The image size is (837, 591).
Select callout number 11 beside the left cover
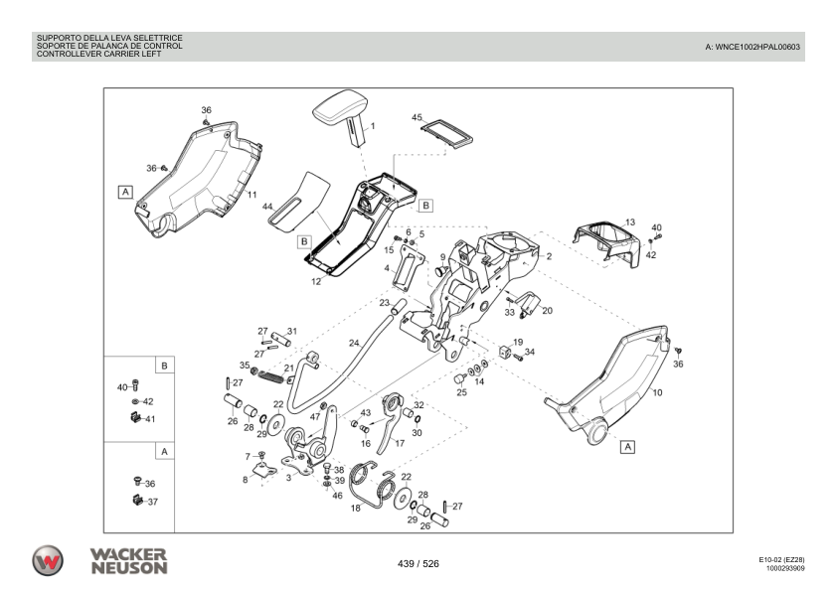(x=251, y=195)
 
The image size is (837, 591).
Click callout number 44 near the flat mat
(x=267, y=207)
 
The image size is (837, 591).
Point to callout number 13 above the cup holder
(x=629, y=222)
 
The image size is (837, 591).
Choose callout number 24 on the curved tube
(x=353, y=344)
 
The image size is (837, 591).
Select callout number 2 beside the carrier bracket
(x=549, y=255)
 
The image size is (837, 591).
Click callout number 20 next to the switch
(x=547, y=310)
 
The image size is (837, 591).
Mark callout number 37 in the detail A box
(x=152, y=502)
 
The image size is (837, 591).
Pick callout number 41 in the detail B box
(x=150, y=419)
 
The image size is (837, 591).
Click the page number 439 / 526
(x=418, y=564)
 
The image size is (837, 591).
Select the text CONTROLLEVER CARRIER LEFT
(x=98, y=55)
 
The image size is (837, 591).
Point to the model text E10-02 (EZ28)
(x=781, y=560)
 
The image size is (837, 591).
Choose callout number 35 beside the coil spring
(x=245, y=366)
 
